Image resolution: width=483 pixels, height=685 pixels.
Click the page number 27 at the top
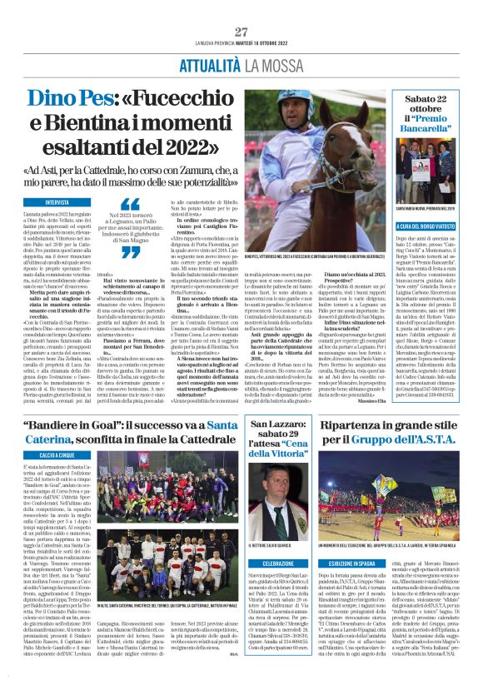click(242, 32)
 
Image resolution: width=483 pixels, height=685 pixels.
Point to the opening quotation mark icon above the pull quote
click(131, 204)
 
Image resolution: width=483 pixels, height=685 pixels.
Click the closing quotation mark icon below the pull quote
click(131, 252)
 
